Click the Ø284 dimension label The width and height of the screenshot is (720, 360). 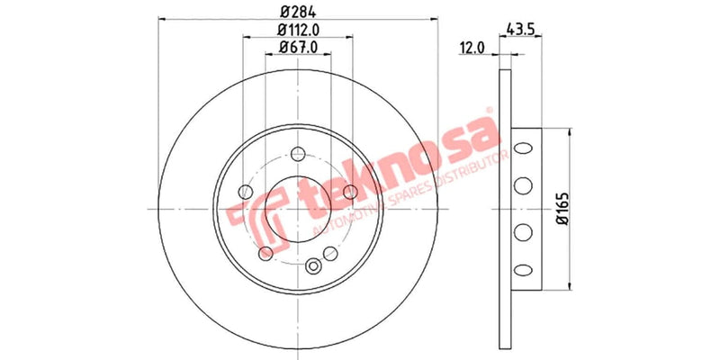click(296, 12)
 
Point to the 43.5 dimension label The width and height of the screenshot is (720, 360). click(521, 26)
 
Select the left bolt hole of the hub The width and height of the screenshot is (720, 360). click(244, 191)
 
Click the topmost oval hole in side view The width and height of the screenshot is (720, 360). click(519, 145)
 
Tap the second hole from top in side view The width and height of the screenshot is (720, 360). click(519, 186)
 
